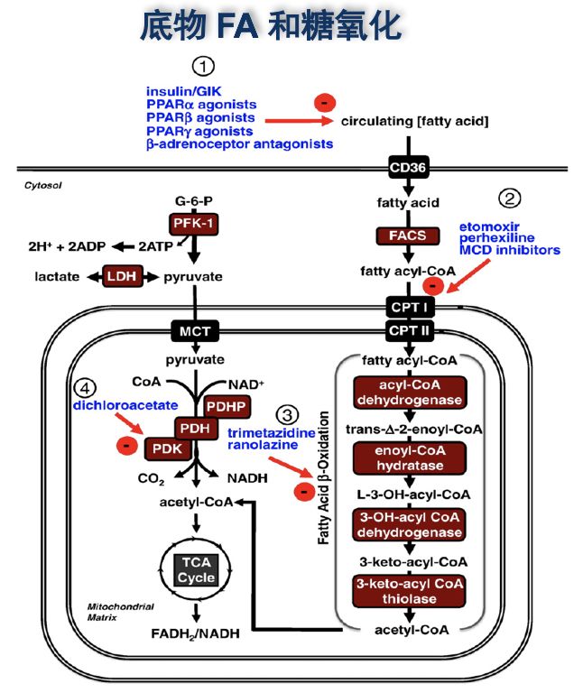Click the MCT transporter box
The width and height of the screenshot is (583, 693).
[193, 330]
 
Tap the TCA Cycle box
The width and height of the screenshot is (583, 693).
[195, 570]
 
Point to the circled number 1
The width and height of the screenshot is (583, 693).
[206, 67]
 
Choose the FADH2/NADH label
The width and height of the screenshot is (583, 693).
[195, 633]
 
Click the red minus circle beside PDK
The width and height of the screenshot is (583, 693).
[129, 446]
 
